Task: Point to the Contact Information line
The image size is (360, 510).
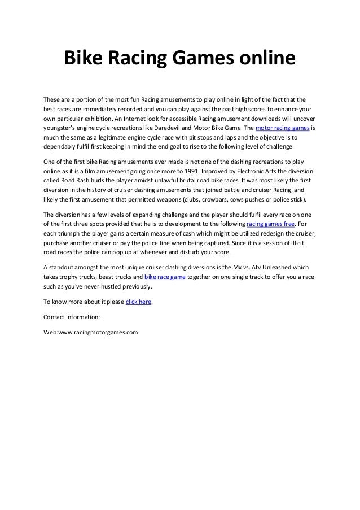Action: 72,317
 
